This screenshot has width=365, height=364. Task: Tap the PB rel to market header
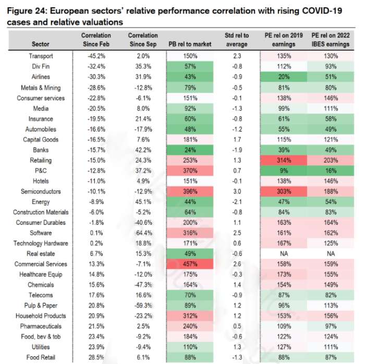[190, 44]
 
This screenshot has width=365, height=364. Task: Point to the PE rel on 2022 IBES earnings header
[330, 40]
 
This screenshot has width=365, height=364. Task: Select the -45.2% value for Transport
[96, 56]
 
